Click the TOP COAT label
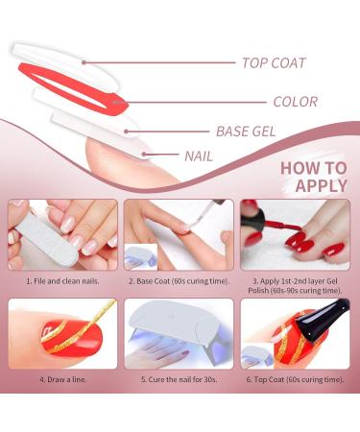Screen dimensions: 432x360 point(274,63)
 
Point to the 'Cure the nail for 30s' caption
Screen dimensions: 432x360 point(180,379)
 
